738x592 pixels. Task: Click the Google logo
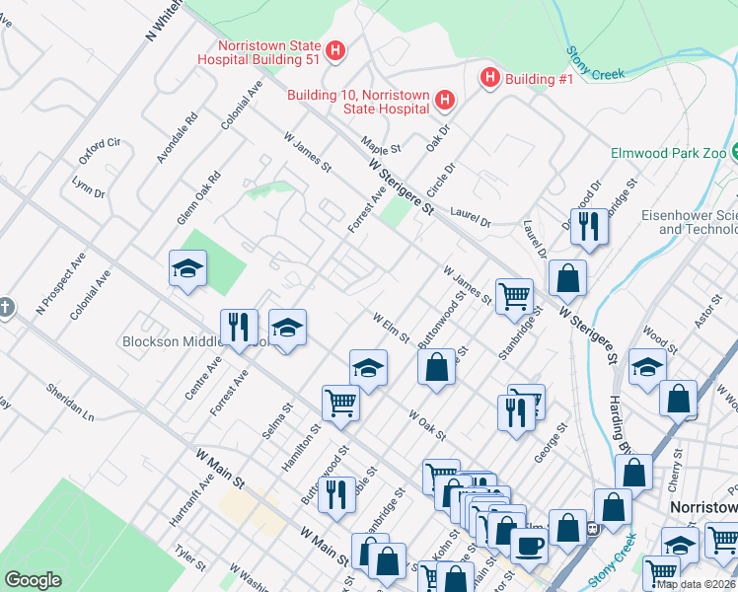click(x=34, y=580)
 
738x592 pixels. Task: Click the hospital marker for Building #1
click(x=488, y=78)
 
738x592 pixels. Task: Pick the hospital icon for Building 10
click(x=445, y=101)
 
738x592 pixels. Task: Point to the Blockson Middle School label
click(x=187, y=342)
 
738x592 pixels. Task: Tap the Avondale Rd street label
click(x=177, y=137)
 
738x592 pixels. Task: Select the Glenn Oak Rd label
click(x=197, y=198)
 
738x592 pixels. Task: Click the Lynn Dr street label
click(x=88, y=186)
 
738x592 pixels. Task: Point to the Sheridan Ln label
click(x=69, y=402)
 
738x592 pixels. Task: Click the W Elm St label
click(x=391, y=328)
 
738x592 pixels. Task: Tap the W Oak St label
click(x=427, y=422)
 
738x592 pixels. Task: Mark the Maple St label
click(x=380, y=145)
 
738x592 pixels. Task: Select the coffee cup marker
click(x=528, y=545)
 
